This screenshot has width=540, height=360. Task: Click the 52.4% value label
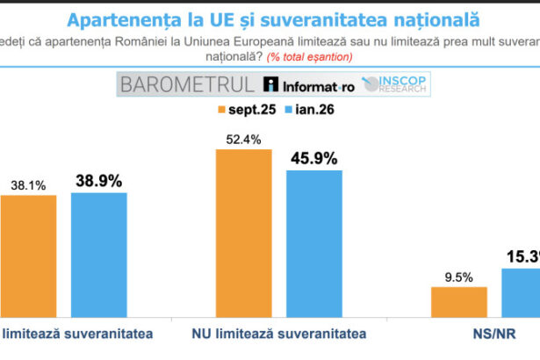(x=243, y=138)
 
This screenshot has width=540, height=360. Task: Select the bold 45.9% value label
(x=313, y=158)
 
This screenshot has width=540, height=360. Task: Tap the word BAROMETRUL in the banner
(x=188, y=84)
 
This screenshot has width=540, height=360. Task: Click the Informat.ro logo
(x=308, y=84)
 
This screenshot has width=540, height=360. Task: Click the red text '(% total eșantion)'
(x=310, y=56)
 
